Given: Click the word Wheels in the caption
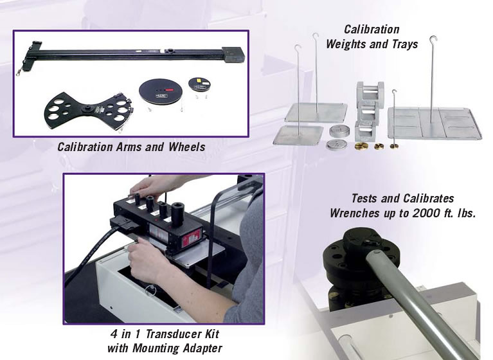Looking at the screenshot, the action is [187, 147].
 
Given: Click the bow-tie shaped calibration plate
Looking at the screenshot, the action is [89, 111].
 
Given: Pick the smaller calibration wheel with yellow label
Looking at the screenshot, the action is [200, 84].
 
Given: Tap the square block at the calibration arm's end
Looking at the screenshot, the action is [233, 55].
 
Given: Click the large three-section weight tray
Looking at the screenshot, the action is [435, 123].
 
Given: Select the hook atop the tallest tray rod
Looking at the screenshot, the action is [433, 39].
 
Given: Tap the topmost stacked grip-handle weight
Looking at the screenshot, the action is [370, 91].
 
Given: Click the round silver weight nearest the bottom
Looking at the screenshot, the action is [337, 145].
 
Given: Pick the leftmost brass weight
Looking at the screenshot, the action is [361, 146].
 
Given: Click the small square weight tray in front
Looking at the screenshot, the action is [298, 135].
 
